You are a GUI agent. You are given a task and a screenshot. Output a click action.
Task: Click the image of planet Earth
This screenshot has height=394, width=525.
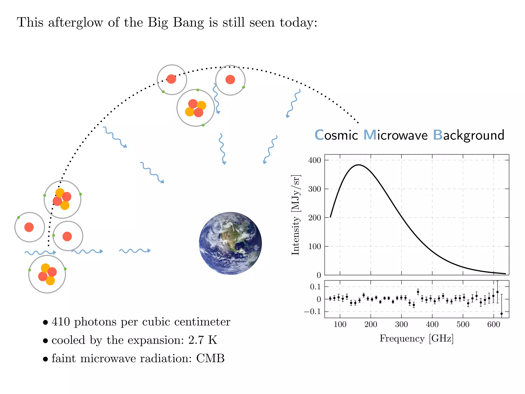point(230,243)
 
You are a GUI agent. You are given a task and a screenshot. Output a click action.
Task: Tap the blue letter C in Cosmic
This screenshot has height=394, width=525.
point(319,135)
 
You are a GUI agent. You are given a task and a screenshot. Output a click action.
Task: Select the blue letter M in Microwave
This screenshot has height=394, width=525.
point(370,135)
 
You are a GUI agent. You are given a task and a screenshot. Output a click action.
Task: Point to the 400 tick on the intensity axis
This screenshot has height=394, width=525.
point(315,160)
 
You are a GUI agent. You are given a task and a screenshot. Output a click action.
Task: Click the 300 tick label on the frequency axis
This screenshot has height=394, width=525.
point(401,324)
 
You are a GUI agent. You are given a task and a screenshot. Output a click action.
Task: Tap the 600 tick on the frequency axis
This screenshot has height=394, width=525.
point(493,324)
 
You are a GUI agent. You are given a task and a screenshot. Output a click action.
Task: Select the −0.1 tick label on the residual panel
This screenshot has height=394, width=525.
point(312,312)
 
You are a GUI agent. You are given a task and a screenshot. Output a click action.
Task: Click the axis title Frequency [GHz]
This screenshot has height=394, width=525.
point(417,339)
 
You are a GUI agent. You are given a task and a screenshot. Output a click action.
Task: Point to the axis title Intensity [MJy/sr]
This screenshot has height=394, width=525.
point(296,215)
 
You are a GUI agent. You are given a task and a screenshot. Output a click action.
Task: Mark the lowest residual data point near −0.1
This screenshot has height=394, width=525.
point(501,313)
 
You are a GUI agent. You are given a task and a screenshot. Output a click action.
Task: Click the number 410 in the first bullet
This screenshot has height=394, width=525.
point(61,322)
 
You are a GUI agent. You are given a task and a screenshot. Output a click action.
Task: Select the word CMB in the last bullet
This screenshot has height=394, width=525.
point(210,358)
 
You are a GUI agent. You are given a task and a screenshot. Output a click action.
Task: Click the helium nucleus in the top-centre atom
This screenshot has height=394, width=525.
point(196,108)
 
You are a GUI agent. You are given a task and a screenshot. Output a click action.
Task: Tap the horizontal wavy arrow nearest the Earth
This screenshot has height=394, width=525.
point(135,251)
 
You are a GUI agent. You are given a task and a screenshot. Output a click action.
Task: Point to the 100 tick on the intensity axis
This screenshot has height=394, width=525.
point(315,247)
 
